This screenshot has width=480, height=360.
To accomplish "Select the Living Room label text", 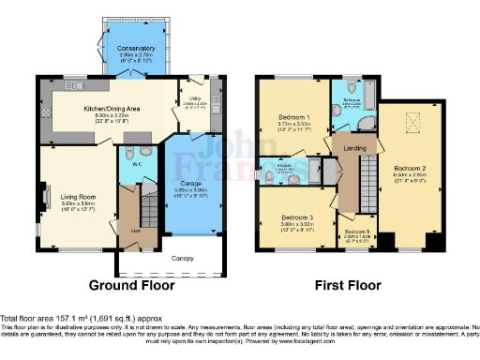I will pos(61,195).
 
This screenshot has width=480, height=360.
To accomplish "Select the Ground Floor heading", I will pos(127,284).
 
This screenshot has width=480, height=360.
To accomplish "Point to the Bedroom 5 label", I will pos(357,232).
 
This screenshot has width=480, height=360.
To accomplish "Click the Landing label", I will pos(354,147).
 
